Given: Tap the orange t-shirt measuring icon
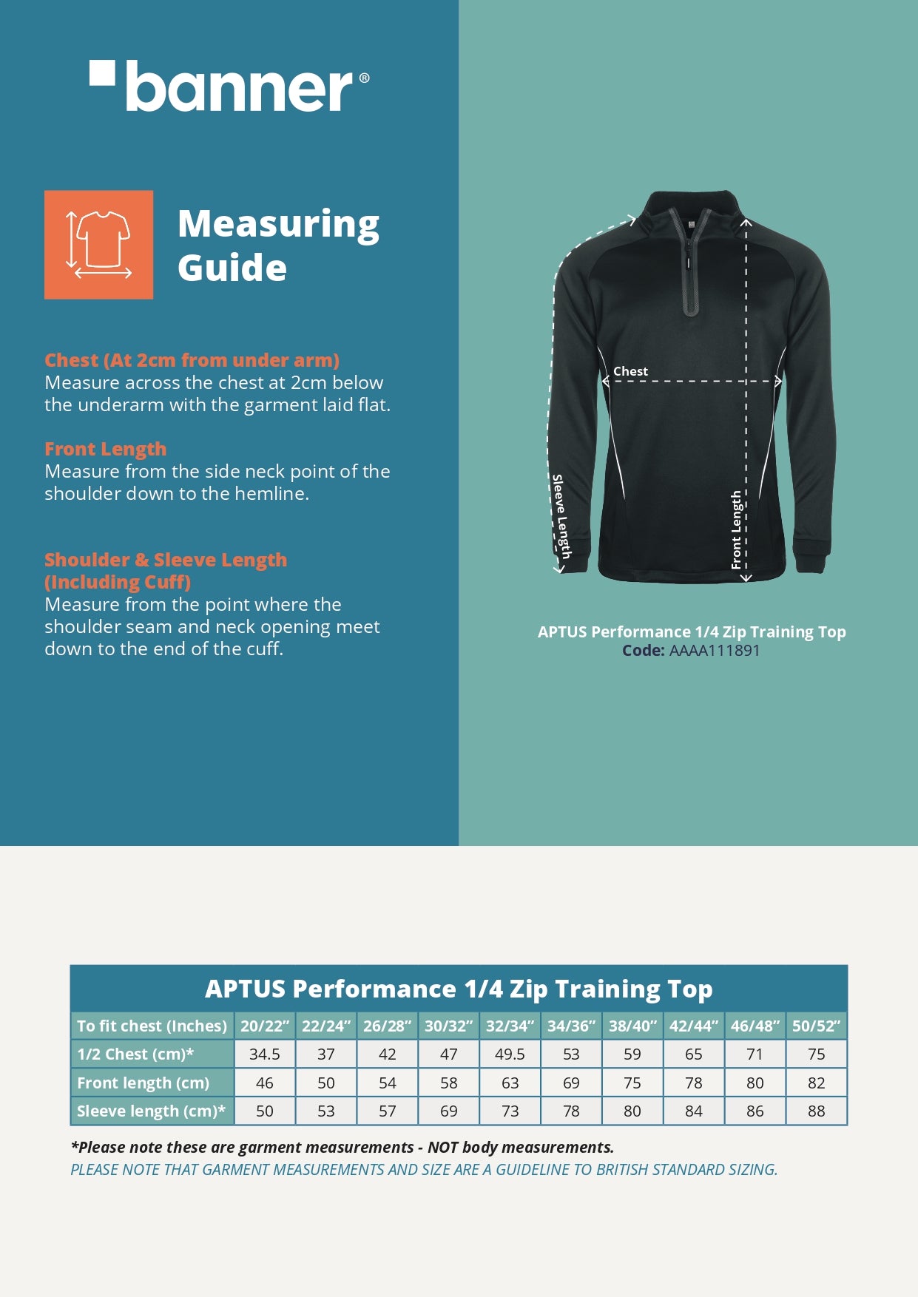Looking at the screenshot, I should [x=98, y=245].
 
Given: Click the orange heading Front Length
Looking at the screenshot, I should [x=105, y=449].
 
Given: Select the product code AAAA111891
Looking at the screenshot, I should [x=715, y=651].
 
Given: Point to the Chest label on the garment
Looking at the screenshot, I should [x=630, y=371].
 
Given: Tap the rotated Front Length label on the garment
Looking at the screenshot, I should [x=736, y=529].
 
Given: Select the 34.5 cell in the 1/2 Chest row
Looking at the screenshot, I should [x=265, y=1054].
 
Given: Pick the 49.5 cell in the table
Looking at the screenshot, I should [x=510, y=1054].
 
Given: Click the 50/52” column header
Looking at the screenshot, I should [x=816, y=1026].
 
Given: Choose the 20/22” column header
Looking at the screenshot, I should [x=265, y=1026].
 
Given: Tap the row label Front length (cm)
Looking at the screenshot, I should [x=144, y=1083].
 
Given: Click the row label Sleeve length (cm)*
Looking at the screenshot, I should [x=151, y=1111].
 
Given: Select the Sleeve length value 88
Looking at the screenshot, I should [x=816, y=1111].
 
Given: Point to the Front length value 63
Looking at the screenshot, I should [x=510, y=1083].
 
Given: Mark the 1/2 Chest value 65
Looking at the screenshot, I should [x=693, y=1054].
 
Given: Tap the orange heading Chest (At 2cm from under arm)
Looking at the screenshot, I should [x=192, y=360].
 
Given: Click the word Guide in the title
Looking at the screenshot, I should [x=232, y=268].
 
